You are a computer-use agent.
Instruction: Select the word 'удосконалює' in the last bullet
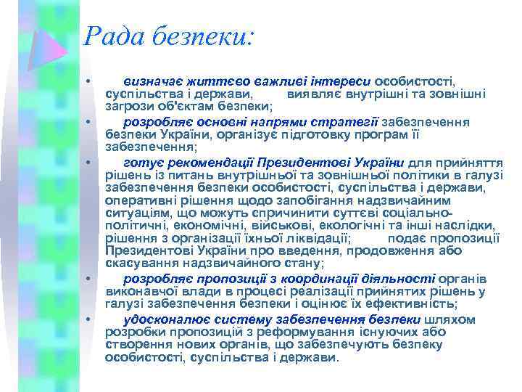coord(162,319)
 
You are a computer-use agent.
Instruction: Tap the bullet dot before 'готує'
coord(86,161)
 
